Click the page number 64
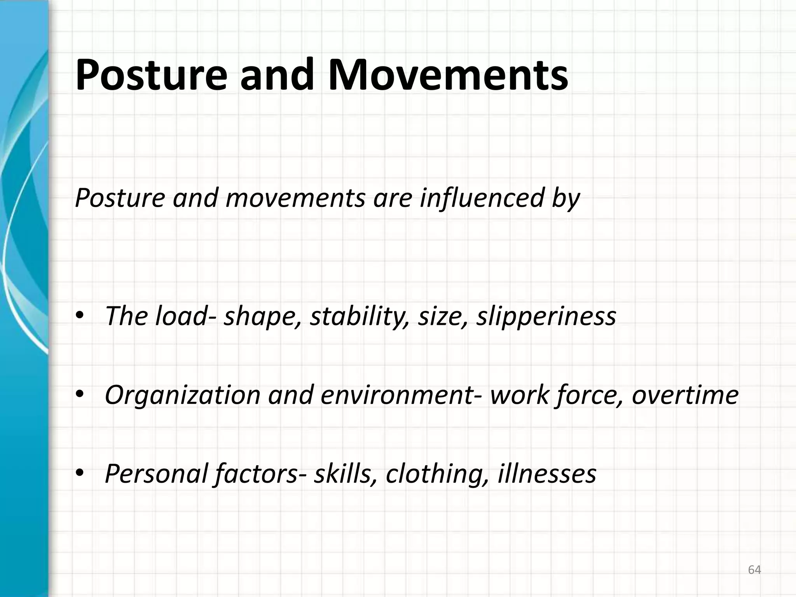click(x=754, y=570)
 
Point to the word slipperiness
click(x=546, y=316)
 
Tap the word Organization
click(x=183, y=395)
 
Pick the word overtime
click(x=685, y=395)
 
